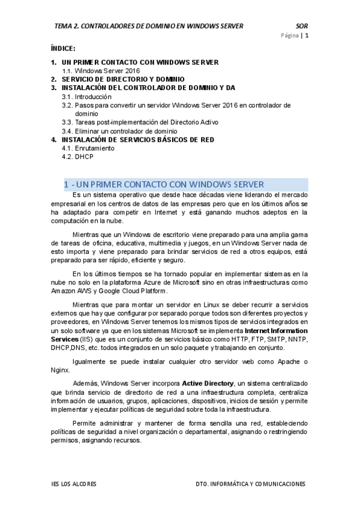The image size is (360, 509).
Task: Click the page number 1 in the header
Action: click(307, 36)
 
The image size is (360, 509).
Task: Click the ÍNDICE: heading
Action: click(63, 48)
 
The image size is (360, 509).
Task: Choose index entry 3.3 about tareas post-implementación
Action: click(131, 122)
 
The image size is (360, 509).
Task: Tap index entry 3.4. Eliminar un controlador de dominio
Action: click(119, 131)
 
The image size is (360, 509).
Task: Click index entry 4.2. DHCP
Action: click(77, 157)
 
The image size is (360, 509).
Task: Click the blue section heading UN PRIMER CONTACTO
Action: click(163, 184)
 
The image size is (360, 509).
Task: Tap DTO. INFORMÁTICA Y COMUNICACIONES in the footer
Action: click(250, 484)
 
